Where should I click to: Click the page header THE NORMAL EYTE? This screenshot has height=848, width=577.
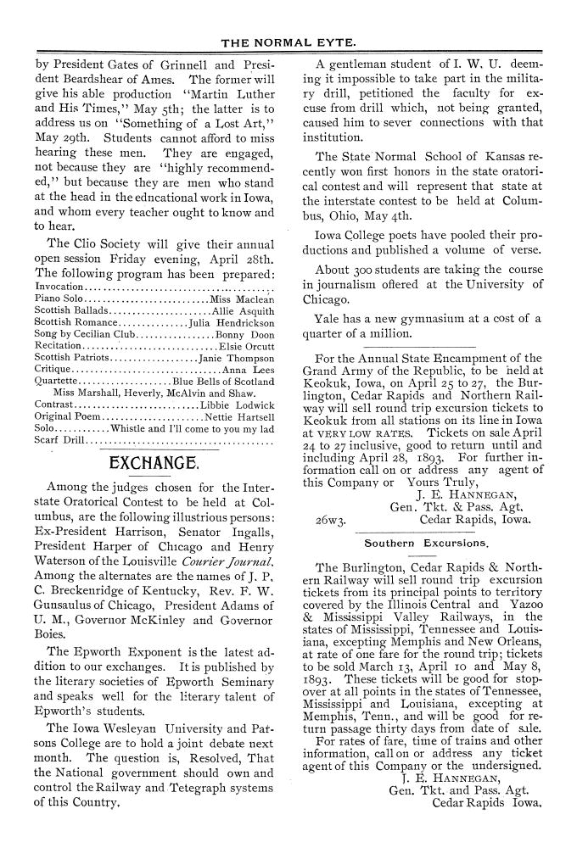pos(288,42)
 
